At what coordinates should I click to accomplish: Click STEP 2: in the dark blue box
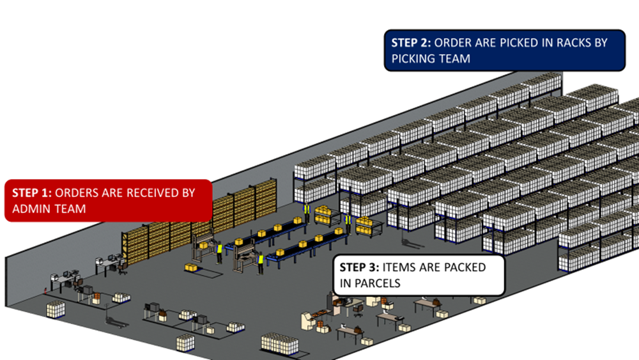coord(412,43)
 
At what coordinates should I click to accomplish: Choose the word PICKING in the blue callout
coord(415,58)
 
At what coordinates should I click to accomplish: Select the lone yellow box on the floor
coord(190,267)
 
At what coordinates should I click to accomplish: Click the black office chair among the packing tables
coord(358,310)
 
